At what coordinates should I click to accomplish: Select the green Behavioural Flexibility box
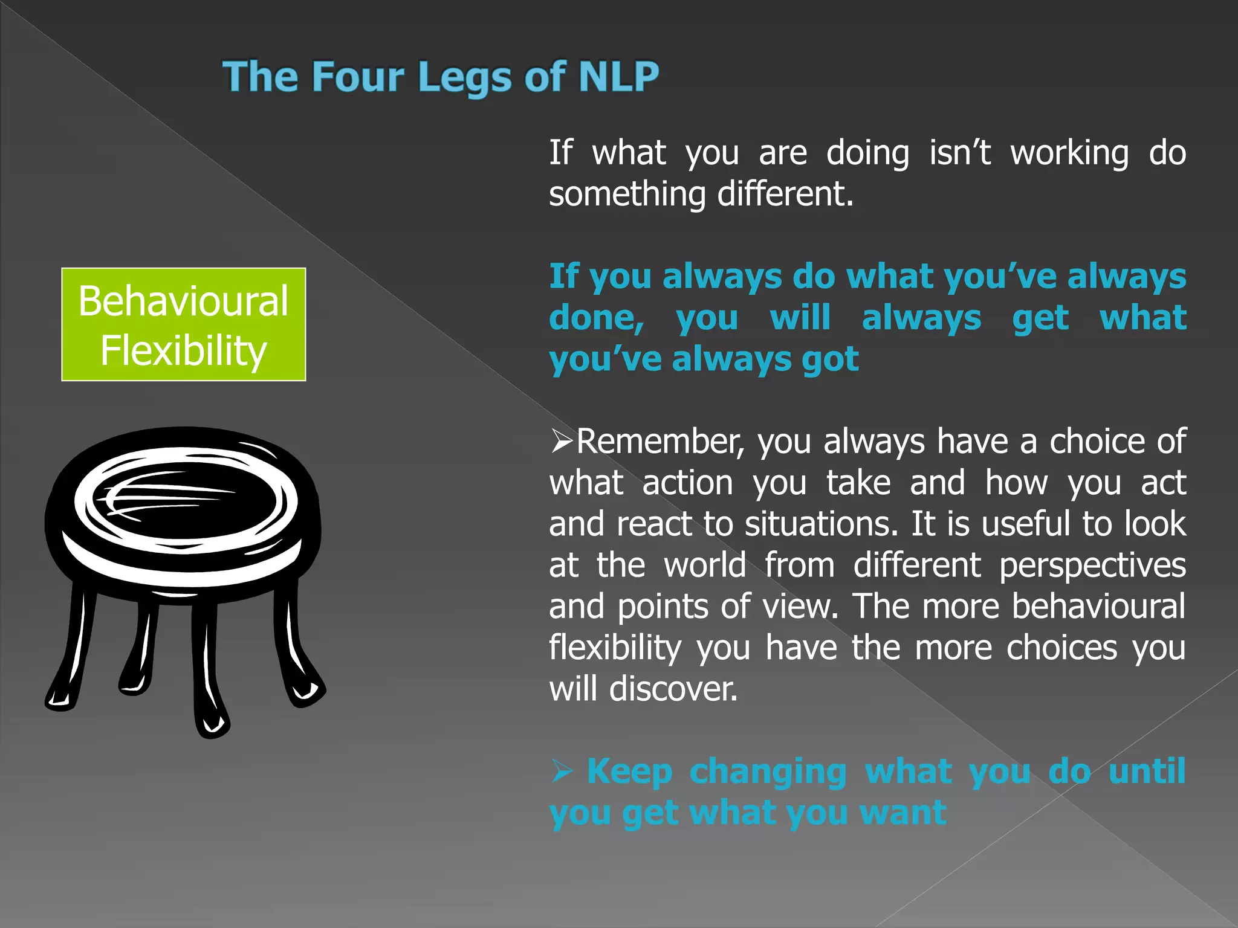click(x=184, y=324)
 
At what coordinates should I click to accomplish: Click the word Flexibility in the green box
click(x=184, y=351)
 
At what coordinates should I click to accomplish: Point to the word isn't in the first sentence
click(x=960, y=152)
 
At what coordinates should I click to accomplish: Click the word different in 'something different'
click(x=785, y=194)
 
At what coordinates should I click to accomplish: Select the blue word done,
click(x=596, y=318)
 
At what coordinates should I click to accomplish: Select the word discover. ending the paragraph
click(x=673, y=689)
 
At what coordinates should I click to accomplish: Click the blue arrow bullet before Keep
click(x=562, y=772)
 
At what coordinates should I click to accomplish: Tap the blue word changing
click(x=768, y=772)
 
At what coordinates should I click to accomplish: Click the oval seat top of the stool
click(x=184, y=501)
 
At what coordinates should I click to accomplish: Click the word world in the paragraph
click(x=705, y=565)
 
